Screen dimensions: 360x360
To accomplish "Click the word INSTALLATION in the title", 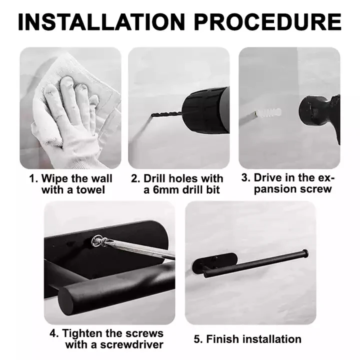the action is [101, 22].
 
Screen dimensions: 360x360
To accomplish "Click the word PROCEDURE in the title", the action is [267, 22].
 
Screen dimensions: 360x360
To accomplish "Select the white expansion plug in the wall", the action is [268, 112].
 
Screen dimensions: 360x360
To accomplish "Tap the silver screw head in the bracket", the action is [97, 241].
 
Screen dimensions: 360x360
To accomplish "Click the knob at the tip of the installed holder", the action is [305, 253].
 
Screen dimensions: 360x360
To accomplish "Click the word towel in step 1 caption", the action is [90, 190].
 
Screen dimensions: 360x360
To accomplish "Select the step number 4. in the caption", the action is [54, 333].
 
